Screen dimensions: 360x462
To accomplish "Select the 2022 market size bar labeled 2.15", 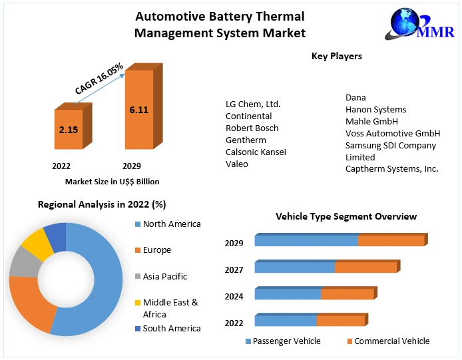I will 69,130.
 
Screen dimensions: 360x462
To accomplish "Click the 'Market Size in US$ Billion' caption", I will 112,181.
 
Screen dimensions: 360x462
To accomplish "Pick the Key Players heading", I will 336,57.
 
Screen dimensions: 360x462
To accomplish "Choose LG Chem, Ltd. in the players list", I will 253,104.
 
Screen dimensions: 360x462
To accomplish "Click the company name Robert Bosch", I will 252,128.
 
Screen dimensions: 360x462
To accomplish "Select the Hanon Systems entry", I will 375,109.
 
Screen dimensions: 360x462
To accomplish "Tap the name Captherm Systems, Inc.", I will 391,169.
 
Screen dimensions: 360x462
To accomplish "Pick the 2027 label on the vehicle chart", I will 234,270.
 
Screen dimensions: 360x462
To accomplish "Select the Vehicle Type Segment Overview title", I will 346,216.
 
